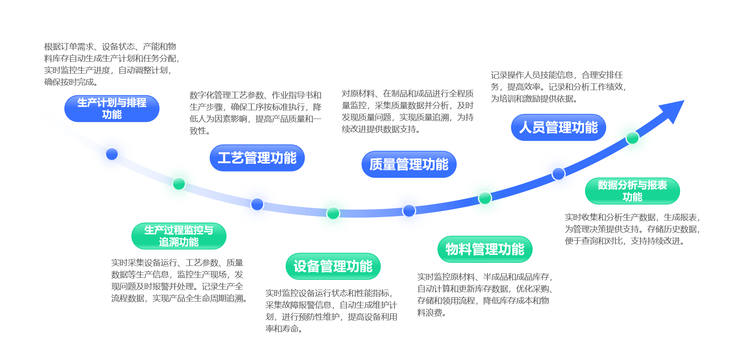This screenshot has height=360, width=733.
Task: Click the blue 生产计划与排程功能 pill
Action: [112, 109]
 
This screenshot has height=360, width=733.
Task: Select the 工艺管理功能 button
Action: [257, 158]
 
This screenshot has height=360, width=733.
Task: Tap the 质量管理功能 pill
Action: [409, 164]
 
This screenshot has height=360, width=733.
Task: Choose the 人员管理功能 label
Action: [558, 128]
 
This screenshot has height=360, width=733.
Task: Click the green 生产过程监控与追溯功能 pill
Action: [179, 236]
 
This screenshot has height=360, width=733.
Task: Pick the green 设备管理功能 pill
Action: [333, 266]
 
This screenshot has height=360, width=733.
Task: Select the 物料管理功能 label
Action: [485, 249]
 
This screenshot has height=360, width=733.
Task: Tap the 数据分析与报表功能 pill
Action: [632, 191]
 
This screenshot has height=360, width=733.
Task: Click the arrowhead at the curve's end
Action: [673, 110]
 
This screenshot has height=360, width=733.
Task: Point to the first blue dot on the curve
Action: [112, 154]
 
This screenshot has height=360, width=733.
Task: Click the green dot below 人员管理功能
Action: [632, 138]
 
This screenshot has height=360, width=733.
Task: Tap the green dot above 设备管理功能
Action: [333, 213]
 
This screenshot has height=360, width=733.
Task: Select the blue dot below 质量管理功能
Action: [409, 211]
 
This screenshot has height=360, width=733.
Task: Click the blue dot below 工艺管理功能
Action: [257, 204]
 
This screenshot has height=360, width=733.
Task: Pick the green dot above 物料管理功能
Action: [485, 198]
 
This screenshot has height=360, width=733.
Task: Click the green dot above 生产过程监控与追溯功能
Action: [179, 184]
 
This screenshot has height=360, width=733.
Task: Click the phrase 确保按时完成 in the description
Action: [69, 82]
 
